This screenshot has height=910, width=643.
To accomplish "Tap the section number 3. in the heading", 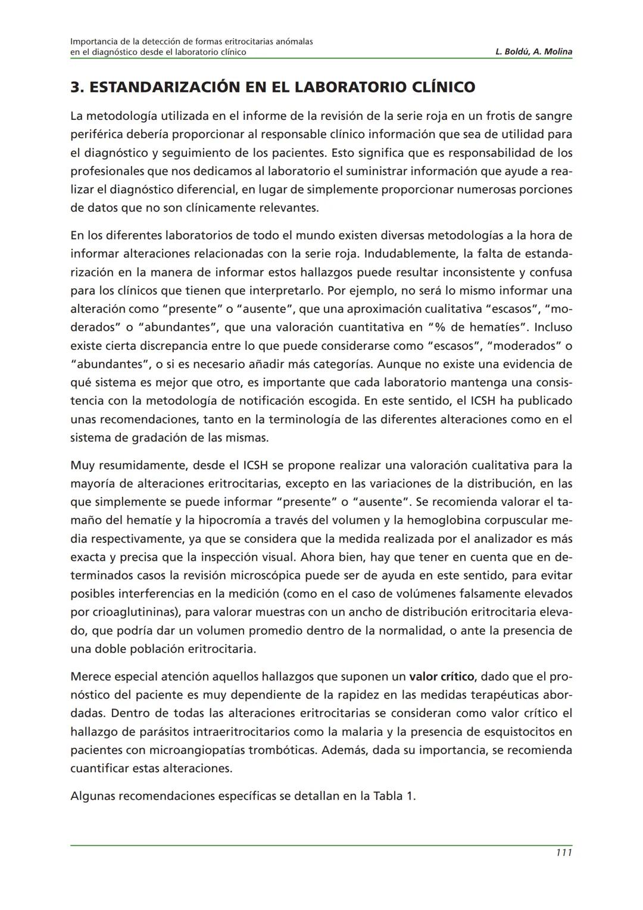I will point(76,88).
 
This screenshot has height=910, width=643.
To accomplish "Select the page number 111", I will point(563,853).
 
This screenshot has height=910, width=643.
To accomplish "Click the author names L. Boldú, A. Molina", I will point(533,52).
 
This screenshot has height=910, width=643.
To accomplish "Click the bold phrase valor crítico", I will point(441,676).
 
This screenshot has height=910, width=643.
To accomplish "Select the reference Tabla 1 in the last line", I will point(393,796).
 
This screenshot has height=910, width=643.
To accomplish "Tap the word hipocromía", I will point(246,520).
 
